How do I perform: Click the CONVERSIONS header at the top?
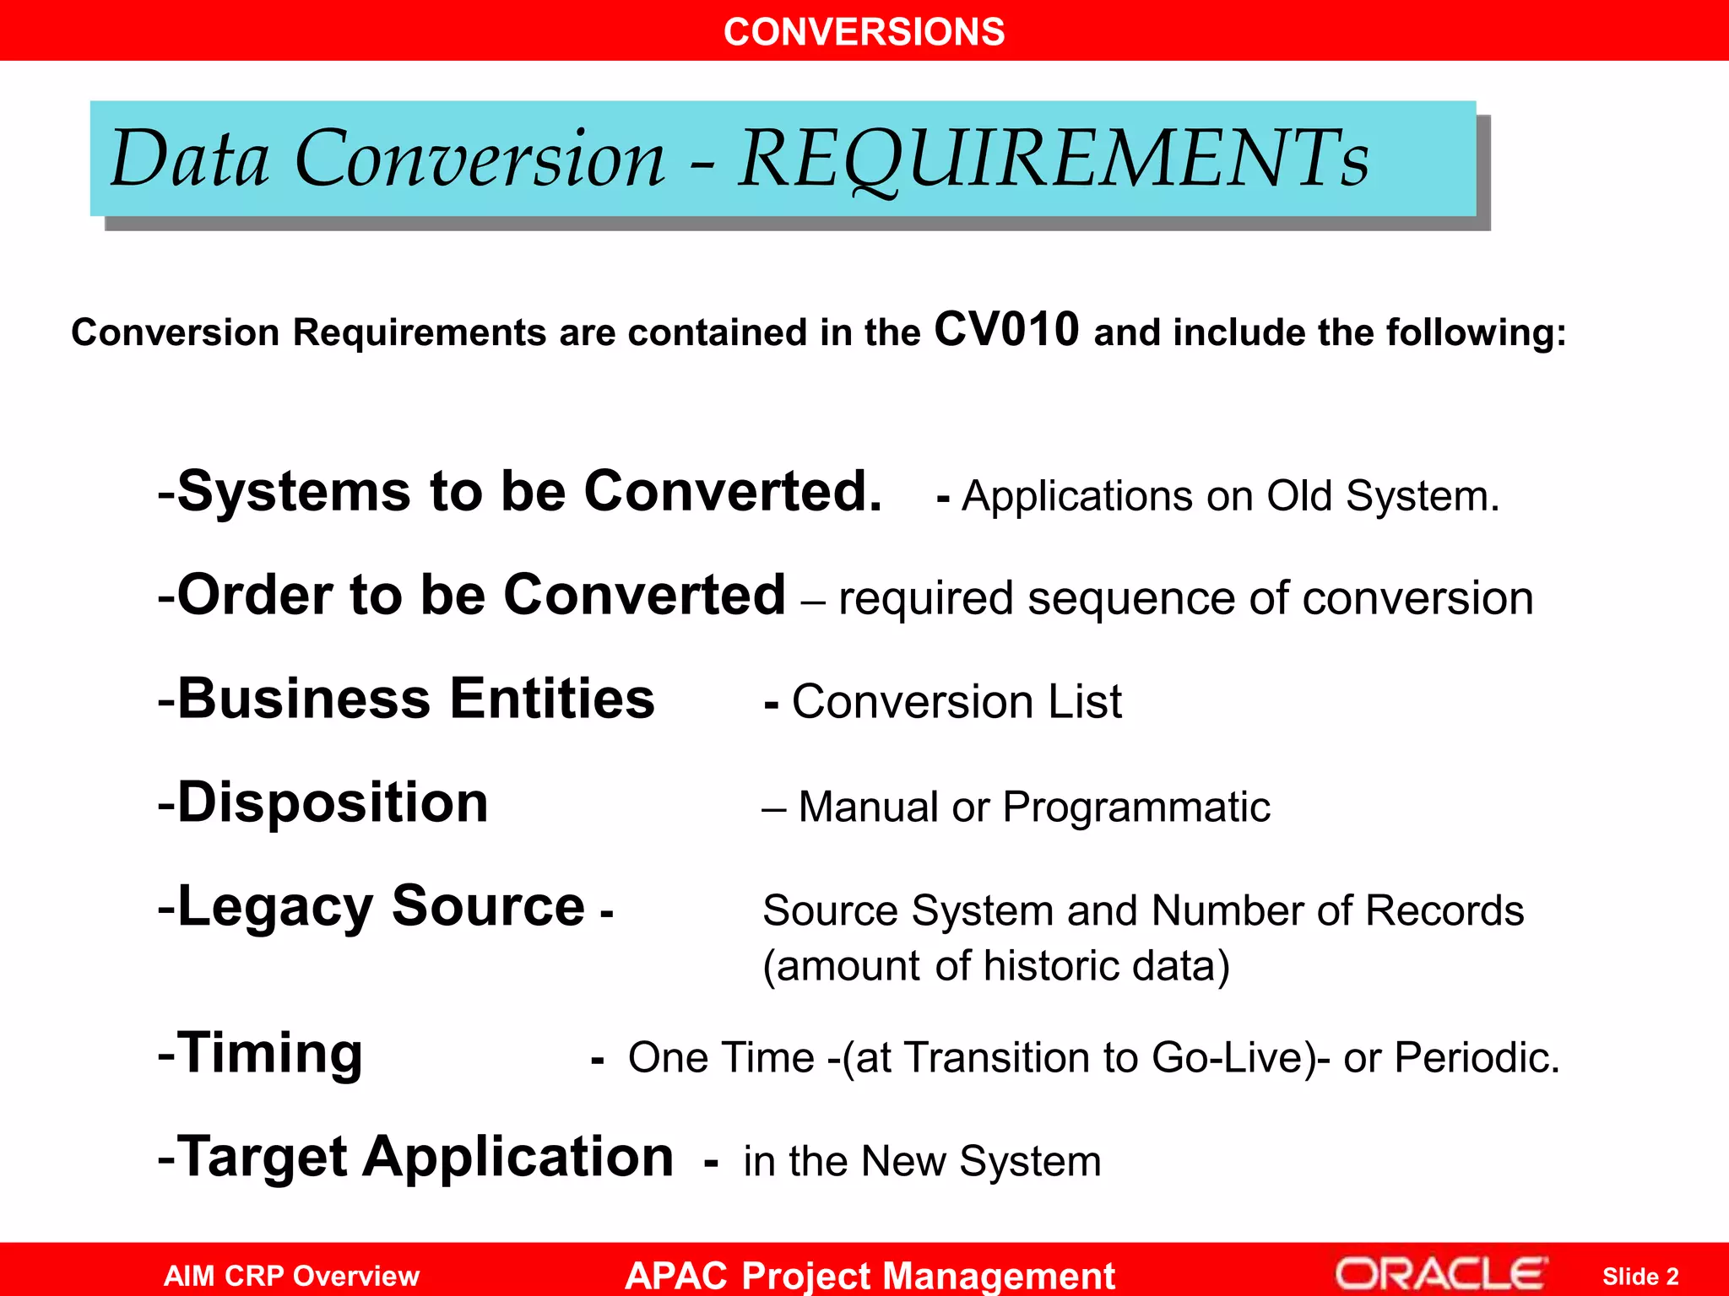pyautogui.click(x=864, y=32)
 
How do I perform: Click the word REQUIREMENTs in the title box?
pyautogui.click(x=1054, y=159)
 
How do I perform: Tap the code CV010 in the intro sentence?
pyautogui.click(x=1006, y=329)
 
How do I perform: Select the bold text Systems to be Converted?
pyautogui.click(x=529, y=491)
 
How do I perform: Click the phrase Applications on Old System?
pyautogui.click(x=1230, y=496)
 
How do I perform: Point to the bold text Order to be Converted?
pyautogui.click(x=481, y=595)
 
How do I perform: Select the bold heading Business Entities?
pyautogui.click(x=415, y=699)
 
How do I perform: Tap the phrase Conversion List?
pyautogui.click(x=957, y=702)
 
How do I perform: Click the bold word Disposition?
pyautogui.click(x=333, y=802)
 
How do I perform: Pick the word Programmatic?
pyautogui.click(x=1136, y=807)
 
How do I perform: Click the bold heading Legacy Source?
pyautogui.click(x=381, y=906)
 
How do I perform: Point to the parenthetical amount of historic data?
pyautogui.click(x=996, y=966)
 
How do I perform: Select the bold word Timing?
pyautogui.click(x=269, y=1053)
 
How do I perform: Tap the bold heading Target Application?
pyautogui.click(x=426, y=1157)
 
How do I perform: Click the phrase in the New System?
pyautogui.click(x=922, y=1162)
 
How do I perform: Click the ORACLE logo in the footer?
pyautogui.click(x=1440, y=1274)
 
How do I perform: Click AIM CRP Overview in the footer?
pyautogui.click(x=291, y=1276)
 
